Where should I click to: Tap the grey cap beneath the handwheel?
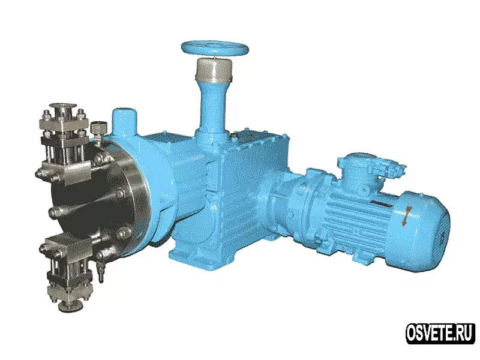pos(214,70)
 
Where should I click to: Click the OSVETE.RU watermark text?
pos(440,334)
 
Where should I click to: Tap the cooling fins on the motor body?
pos(352,220)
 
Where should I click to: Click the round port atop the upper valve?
pos(64,107)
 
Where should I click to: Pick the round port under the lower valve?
pos(70,305)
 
